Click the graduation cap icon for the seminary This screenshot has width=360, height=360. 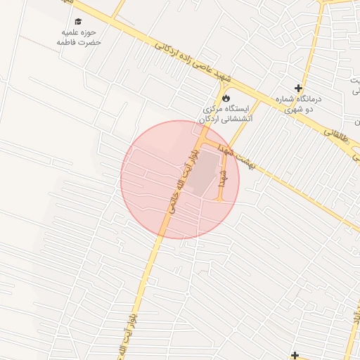(78, 21)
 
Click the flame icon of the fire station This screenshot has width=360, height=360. (226, 98)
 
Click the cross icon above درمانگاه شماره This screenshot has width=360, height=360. (299, 89)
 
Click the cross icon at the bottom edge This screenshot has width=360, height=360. (295, 355)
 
